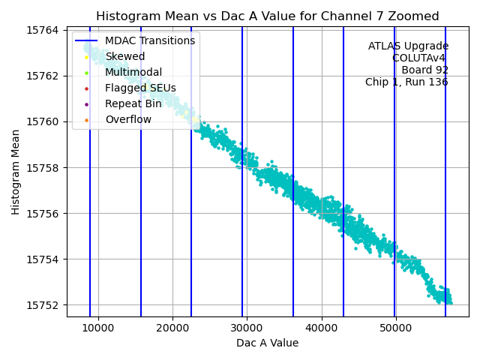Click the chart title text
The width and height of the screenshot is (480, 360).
(268, 16)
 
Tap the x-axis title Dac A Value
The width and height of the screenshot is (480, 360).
(267, 343)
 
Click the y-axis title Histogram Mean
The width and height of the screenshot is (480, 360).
(16, 172)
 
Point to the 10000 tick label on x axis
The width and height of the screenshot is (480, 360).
(98, 328)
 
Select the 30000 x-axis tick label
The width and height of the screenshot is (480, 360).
(247, 328)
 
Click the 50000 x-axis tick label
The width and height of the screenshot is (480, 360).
(395, 328)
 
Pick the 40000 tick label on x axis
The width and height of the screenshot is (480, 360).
(321, 328)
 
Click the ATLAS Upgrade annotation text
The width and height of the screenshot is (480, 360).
(408, 46)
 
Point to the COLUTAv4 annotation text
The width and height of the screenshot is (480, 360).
(420, 58)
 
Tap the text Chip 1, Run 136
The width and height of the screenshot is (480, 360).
(406, 82)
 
